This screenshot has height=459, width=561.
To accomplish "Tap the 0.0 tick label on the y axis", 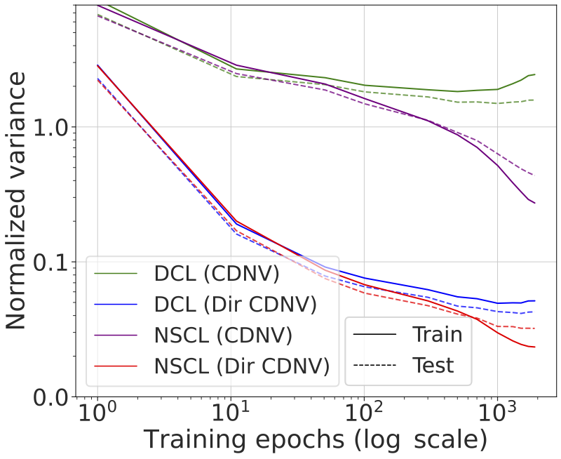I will pyautogui.click(x=49, y=397).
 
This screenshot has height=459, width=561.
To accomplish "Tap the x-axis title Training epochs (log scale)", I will pyautogui.click(x=316, y=441).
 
